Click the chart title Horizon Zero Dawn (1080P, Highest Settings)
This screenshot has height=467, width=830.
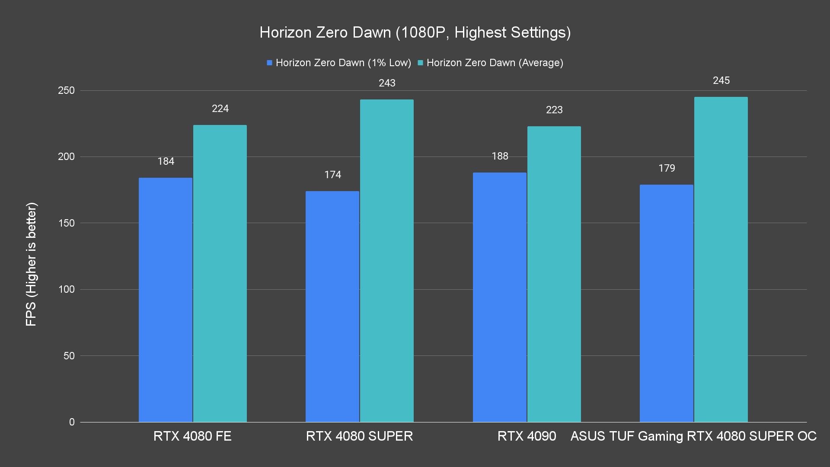pyautogui.click(x=415, y=32)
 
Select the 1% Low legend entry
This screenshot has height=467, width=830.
pyautogui.click(x=339, y=63)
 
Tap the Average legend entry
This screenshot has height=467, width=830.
pyautogui.click(x=490, y=63)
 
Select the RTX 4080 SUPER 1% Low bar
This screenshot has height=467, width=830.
pyautogui.click(x=332, y=307)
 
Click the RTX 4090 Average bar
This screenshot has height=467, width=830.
pyautogui.click(x=554, y=274)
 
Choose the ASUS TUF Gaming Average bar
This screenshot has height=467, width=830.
pyautogui.click(x=721, y=259)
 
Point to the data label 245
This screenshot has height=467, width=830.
pyautogui.click(x=721, y=80)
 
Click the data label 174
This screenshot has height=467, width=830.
pyautogui.click(x=332, y=175)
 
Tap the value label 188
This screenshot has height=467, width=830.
pyautogui.click(x=500, y=156)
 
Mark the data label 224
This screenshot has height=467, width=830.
pyautogui.click(x=220, y=109)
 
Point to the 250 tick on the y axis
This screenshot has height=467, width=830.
pyautogui.click(x=66, y=90)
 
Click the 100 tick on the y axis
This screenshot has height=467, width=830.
pyautogui.click(x=66, y=289)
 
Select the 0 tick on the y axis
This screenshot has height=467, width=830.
pyautogui.click(x=72, y=422)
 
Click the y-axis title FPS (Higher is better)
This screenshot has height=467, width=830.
pyautogui.click(x=31, y=264)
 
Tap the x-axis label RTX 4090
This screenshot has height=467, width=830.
pyautogui.click(x=527, y=436)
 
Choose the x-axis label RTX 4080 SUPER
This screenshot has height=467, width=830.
pyautogui.click(x=359, y=436)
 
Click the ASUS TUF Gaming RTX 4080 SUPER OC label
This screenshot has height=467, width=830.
pyautogui.click(x=693, y=436)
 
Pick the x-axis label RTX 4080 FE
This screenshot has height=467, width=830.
pyautogui.click(x=192, y=436)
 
